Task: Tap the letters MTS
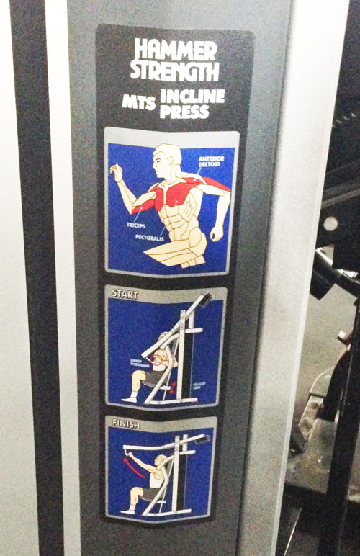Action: click(139, 102)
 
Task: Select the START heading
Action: click(125, 295)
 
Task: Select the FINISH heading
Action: click(126, 425)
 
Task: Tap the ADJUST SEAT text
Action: click(199, 385)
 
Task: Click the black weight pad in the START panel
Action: click(206, 298)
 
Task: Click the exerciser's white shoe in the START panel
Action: click(129, 398)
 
